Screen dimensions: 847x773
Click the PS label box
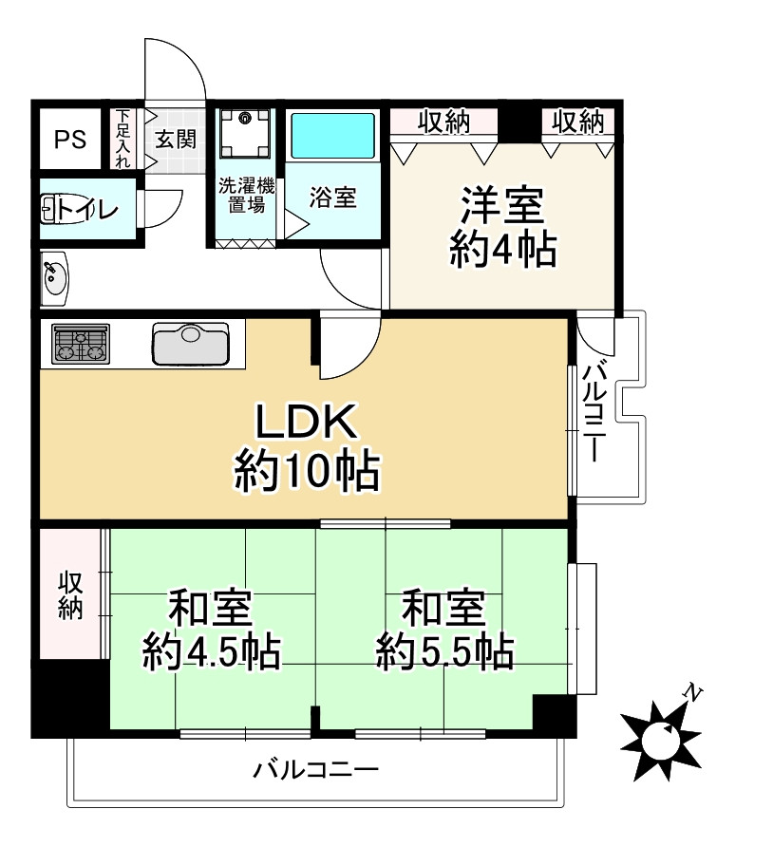coord(69,140)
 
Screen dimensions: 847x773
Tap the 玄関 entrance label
coord(176,140)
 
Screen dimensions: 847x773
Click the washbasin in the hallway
coord(54,278)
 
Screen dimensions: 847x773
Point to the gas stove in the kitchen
coord(81,343)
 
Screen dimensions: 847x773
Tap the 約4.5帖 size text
coord(211,652)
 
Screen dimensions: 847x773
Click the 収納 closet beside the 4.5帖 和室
coord(70,595)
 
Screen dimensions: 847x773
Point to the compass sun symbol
coord(657,738)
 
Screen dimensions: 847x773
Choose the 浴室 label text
coord(333,198)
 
